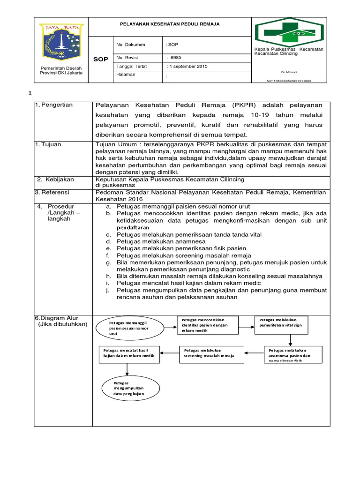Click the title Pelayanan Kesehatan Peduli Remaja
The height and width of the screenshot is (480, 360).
[170, 23]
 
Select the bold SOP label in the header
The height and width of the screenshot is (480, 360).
[100, 60]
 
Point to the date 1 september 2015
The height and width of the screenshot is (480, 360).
[187, 67]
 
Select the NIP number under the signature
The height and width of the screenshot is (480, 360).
[288, 81]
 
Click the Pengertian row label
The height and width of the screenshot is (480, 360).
[56, 105]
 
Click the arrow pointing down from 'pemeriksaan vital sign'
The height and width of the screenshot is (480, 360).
[291, 338]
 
